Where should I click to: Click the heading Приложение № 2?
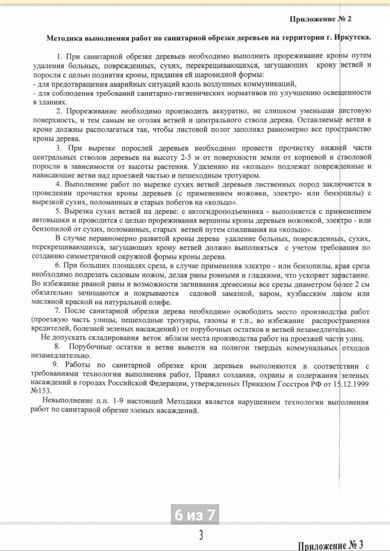320,19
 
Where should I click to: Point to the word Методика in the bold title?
65,39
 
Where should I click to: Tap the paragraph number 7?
57,311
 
